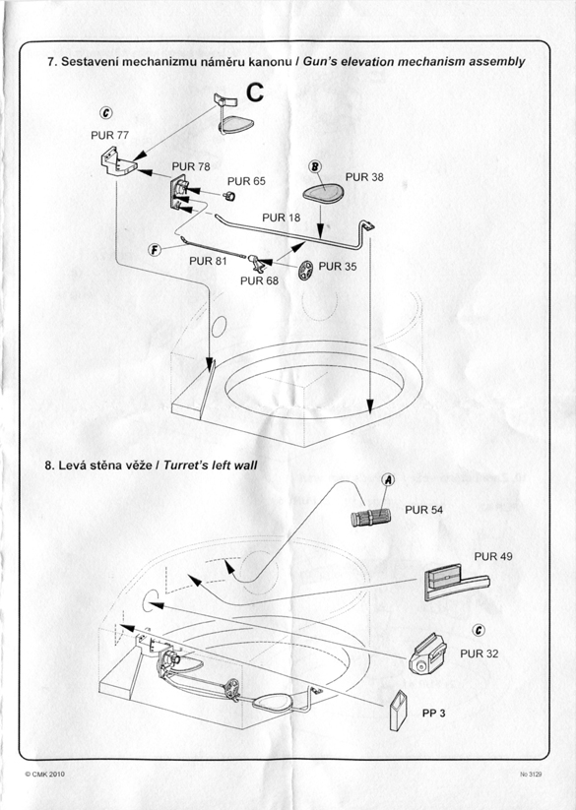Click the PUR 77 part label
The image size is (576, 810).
[109, 136]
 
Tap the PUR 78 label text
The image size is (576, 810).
[191, 166]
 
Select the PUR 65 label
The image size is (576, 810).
[246, 181]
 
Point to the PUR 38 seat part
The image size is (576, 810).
[323, 194]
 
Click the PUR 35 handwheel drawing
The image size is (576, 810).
[305, 271]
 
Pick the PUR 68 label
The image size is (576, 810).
[259, 281]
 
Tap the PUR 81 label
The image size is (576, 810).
[208, 262]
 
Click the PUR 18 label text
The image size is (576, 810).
[281, 218]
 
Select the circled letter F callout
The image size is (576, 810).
[155, 251]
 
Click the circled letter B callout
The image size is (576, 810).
[315, 167]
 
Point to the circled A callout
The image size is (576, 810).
[388, 480]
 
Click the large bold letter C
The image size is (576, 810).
[255, 93]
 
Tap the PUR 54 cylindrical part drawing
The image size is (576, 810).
[370, 517]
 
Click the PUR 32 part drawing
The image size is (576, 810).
[427, 654]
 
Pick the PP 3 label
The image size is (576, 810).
[433, 714]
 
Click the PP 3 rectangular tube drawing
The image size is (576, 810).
[399, 711]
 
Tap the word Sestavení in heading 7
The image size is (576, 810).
[86, 62]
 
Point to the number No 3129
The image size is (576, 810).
[531, 775]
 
